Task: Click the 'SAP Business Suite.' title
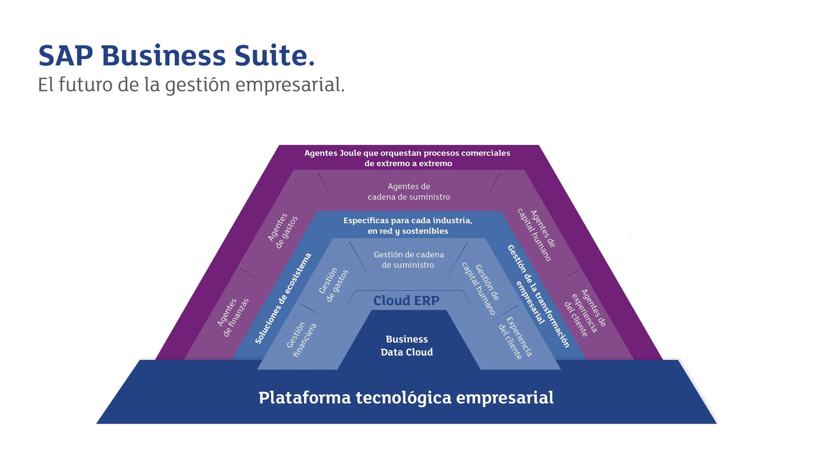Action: [176, 56]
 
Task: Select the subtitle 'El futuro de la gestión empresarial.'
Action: [191, 85]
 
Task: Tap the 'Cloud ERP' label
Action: [406, 301]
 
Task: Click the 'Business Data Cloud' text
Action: [406, 346]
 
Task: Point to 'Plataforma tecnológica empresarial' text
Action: [406, 398]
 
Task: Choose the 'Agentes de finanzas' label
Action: [233, 317]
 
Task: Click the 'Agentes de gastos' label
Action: [283, 231]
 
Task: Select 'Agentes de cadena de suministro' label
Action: [409, 192]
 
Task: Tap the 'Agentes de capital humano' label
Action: [536, 234]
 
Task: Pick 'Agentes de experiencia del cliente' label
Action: [585, 312]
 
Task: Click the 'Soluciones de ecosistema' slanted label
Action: [283, 298]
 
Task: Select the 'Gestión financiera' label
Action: [301, 340]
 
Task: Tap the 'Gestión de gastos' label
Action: [333, 285]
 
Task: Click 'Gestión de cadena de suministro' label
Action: [409, 260]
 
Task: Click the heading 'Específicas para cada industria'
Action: [408, 221]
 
